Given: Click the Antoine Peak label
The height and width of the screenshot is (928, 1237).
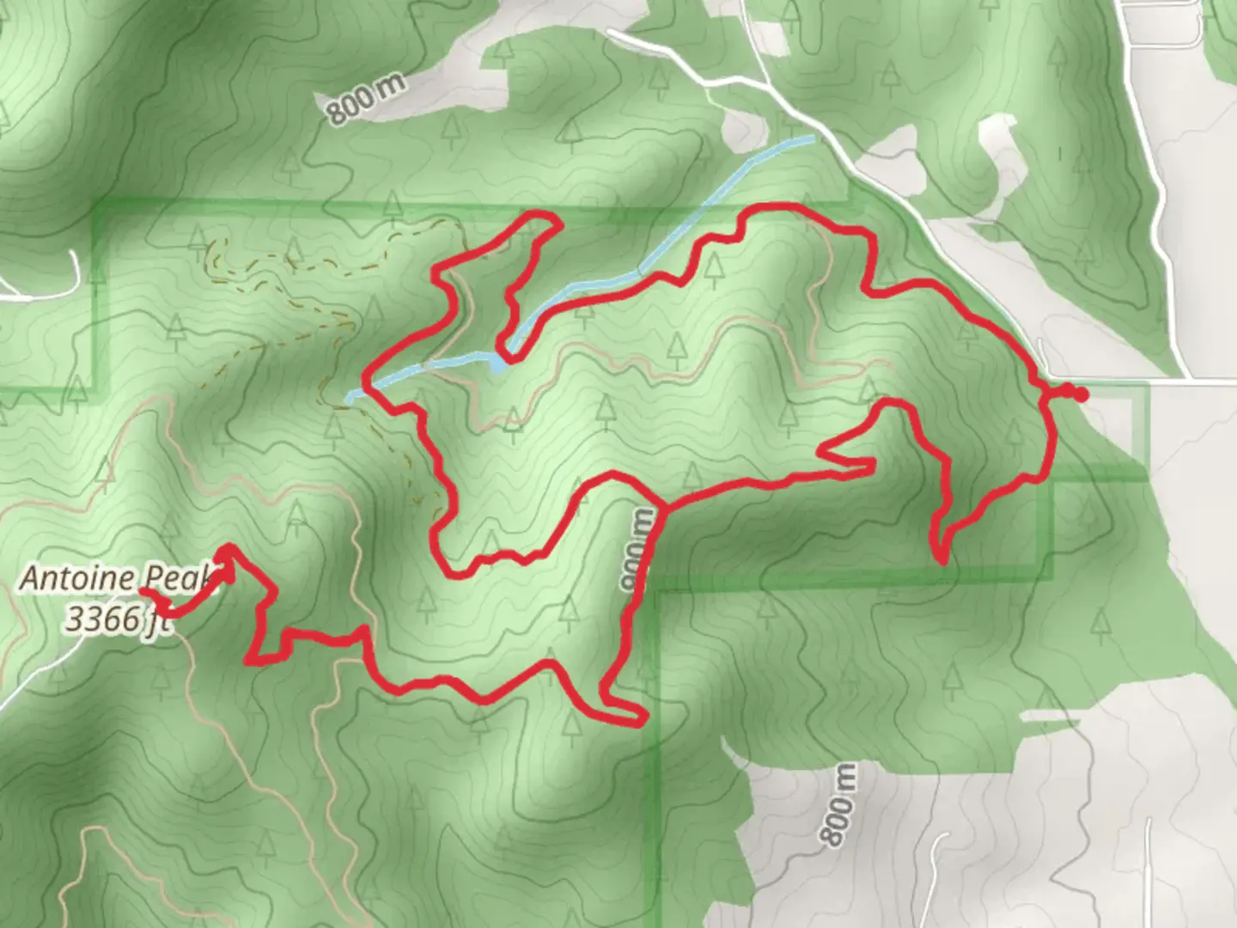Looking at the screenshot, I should pos(115,577).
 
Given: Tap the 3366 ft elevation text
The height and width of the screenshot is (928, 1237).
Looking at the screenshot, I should pos(118,620).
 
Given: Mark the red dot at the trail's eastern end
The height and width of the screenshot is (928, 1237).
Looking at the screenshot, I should pos(1079,394).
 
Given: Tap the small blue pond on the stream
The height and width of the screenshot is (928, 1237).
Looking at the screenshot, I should pos(499,364).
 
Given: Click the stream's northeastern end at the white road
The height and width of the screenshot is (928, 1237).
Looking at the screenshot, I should pos(811,137).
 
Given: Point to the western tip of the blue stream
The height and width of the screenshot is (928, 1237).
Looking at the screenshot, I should pos(349,397).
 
